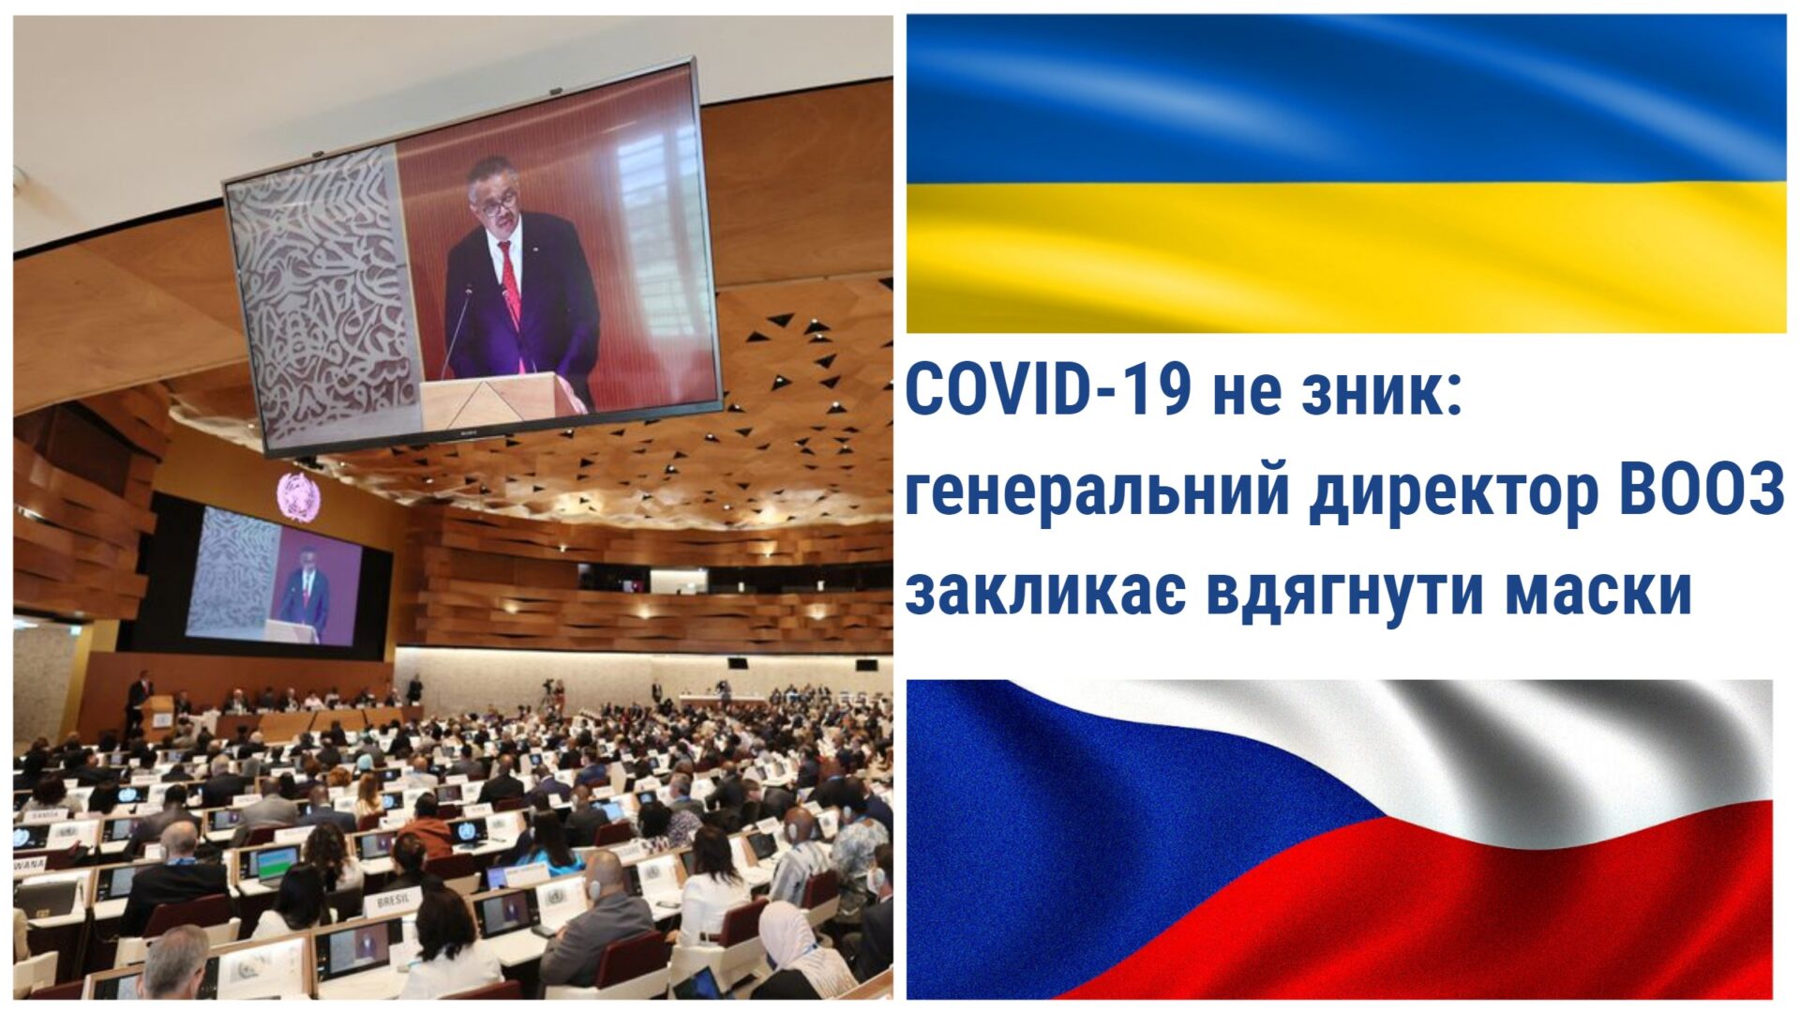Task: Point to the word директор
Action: coord(1453,495)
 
